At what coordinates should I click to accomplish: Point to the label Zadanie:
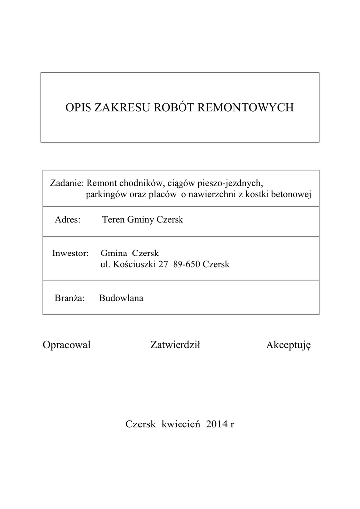pos(67,183)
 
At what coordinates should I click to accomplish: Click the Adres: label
pos(68,219)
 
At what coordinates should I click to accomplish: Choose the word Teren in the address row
pos(113,219)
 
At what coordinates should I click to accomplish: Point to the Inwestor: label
pos(70,253)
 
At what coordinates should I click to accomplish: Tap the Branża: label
pos(70,298)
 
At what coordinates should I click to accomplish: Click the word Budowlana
pos(121,298)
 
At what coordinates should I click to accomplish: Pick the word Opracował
pos(67,345)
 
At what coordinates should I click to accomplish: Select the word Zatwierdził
pos(175,345)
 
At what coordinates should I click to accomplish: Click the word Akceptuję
pos(288,346)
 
